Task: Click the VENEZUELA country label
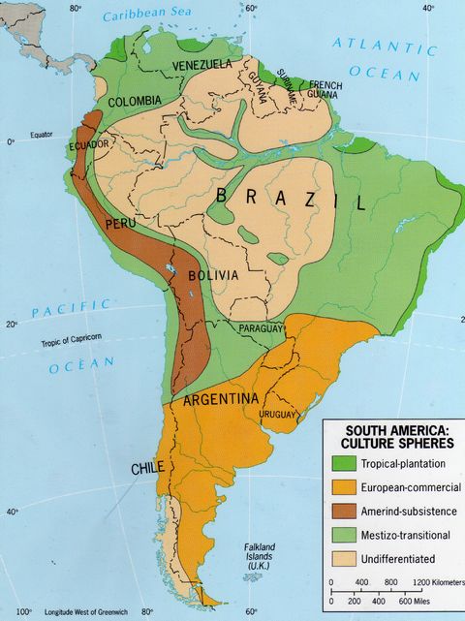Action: [x=201, y=64]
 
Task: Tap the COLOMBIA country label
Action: [x=135, y=102]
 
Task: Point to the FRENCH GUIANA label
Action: [x=325, y=89]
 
